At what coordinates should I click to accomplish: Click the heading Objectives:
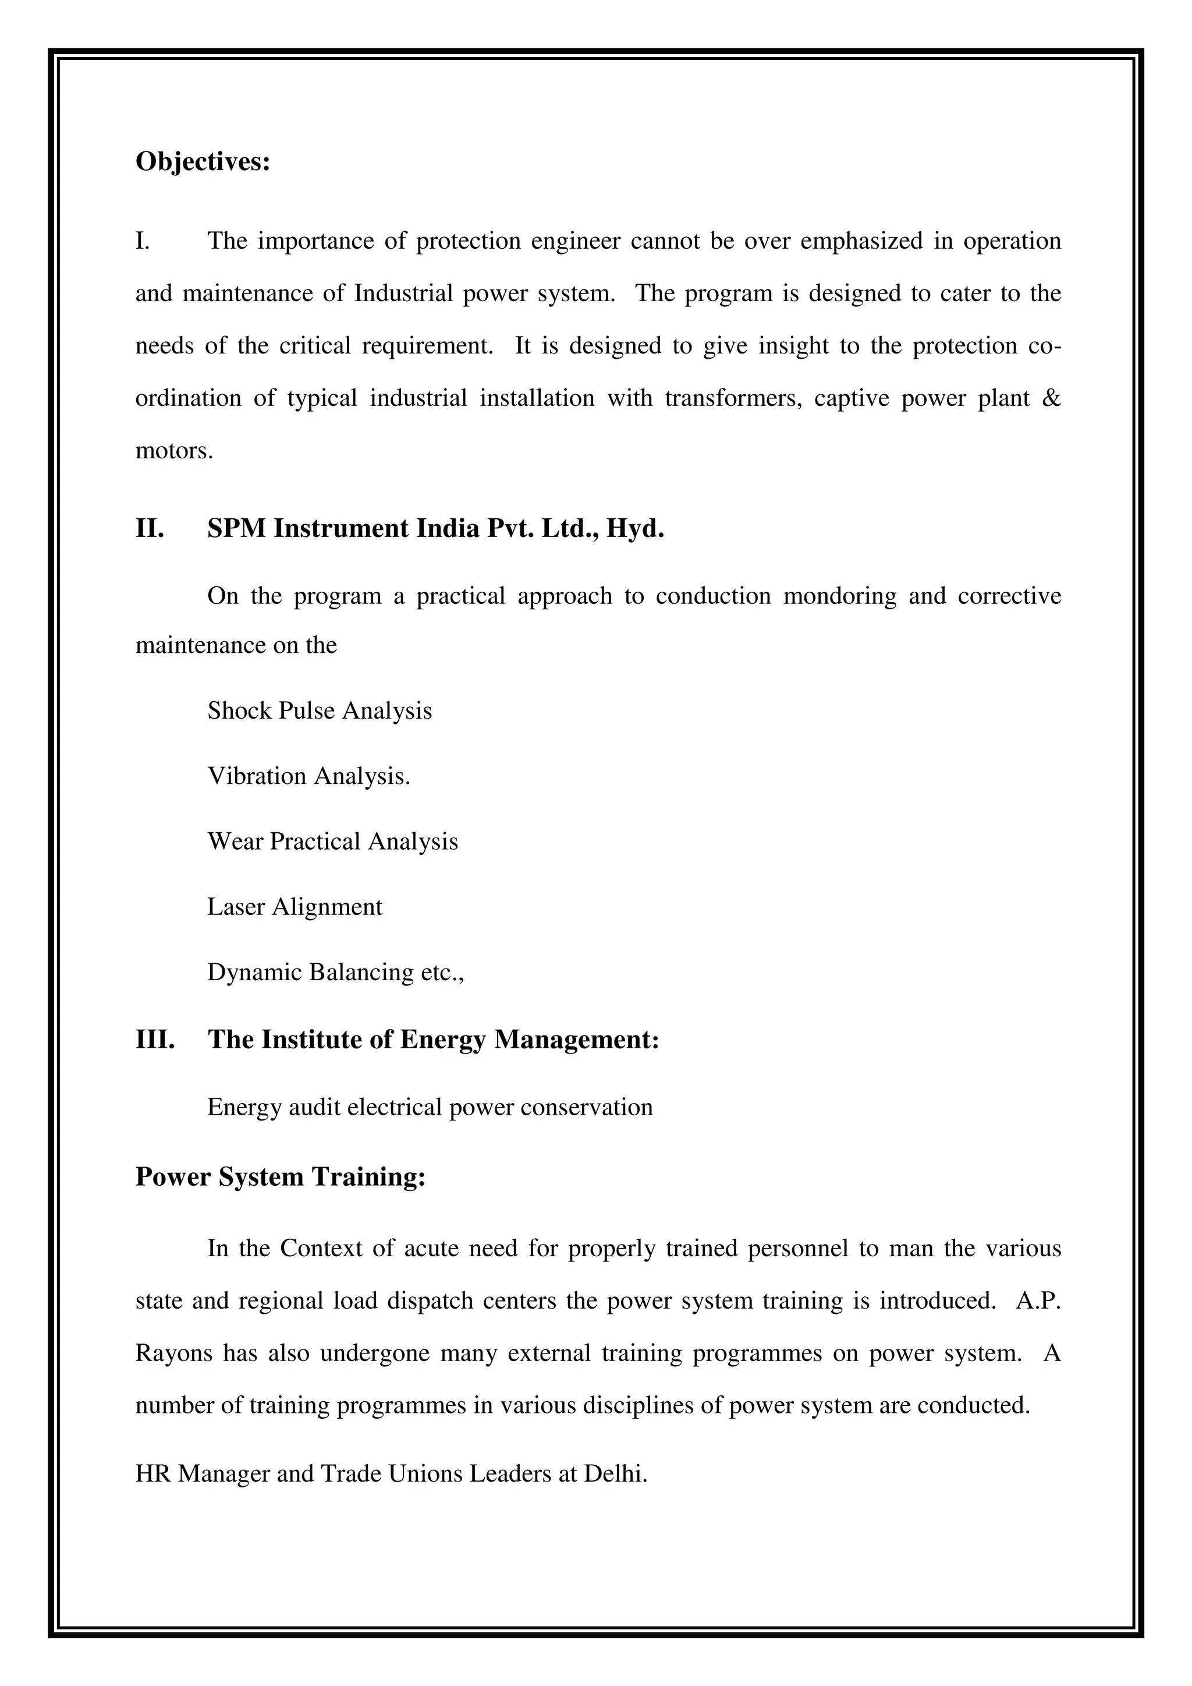(x=203, y=162)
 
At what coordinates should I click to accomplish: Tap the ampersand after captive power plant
(x=1051, y=398)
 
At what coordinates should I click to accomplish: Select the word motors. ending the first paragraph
(x=174, y=450)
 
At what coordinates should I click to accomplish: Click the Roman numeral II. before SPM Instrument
(x=150, y=529)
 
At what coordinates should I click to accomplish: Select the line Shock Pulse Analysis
(x=320, y=711)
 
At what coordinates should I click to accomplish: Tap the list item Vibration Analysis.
(x=308, y=776)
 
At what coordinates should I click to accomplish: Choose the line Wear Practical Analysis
(x=332, y=842)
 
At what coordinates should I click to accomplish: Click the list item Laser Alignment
(x=295, y=907)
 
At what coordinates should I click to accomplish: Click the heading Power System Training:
(x=281, y=1177)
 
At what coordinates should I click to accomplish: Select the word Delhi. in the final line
(x=615, y=1474)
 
